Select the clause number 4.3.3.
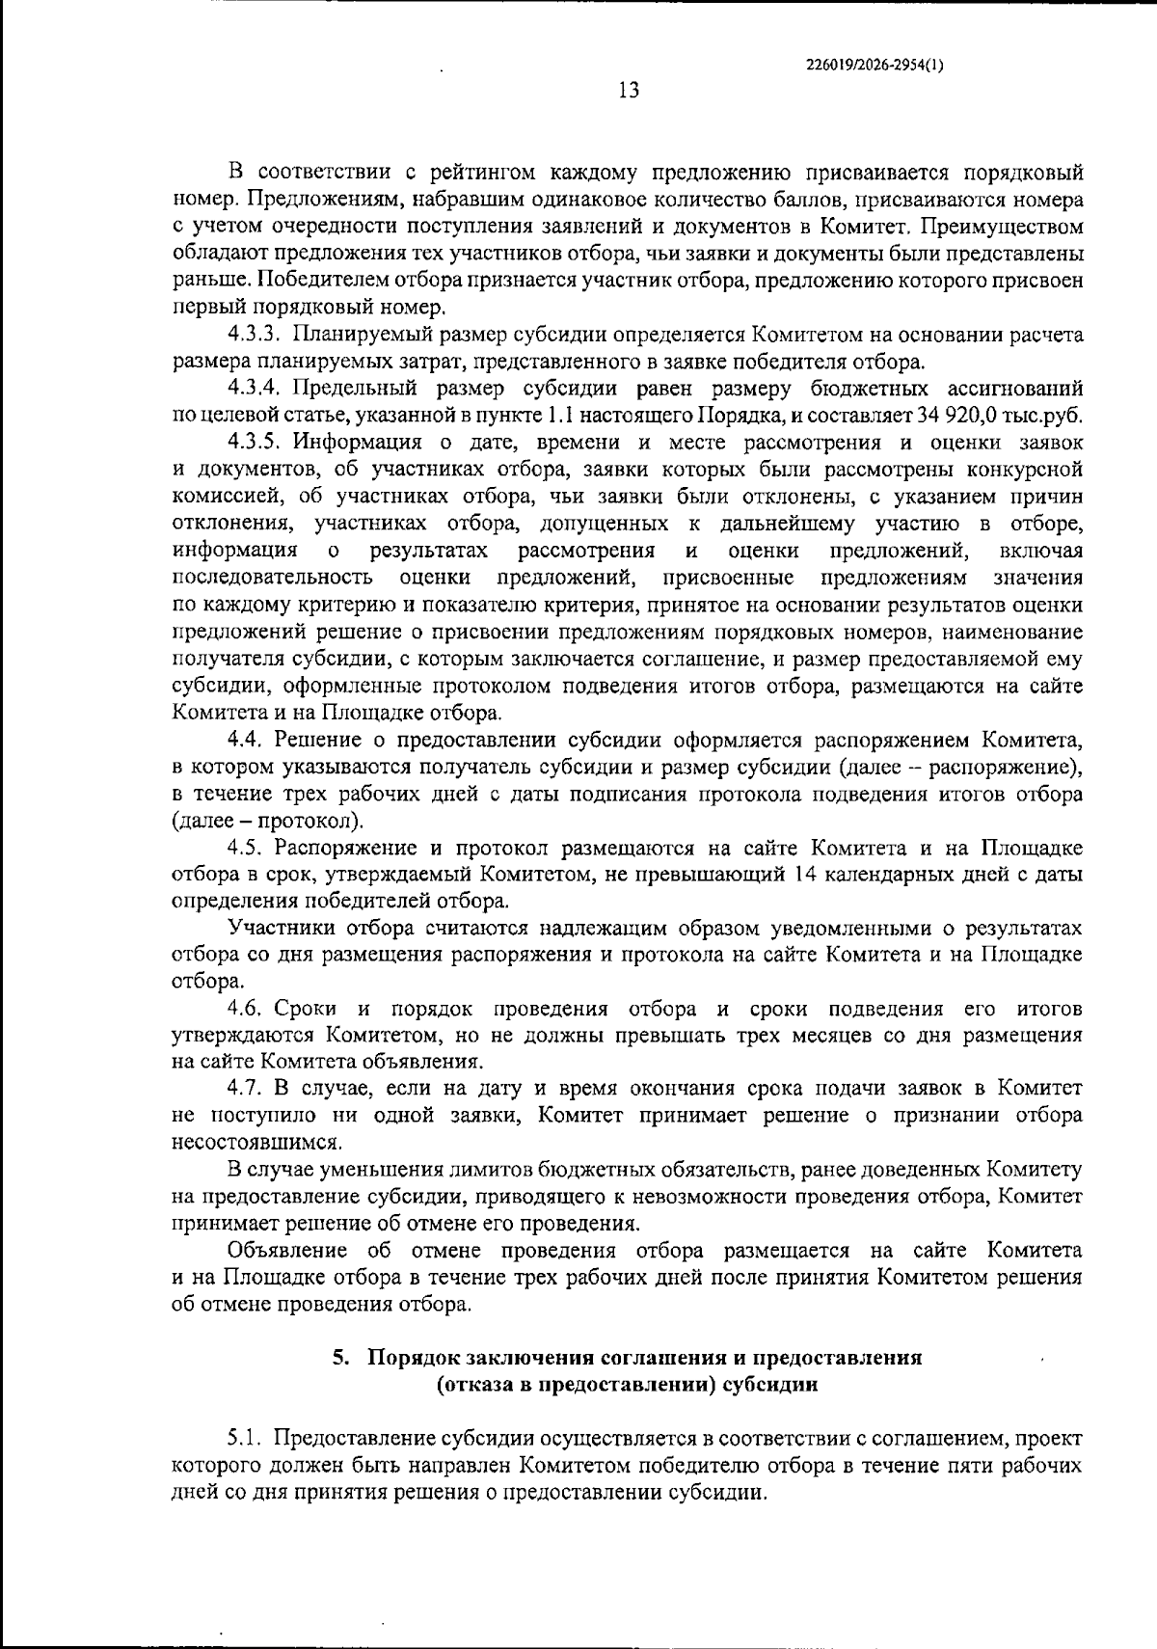[x=254, y=336]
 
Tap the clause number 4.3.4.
[x=254, y=389]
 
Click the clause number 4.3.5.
[x=254, y=443]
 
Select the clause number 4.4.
[x=247, y=741]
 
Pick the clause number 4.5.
[x=247, y=849]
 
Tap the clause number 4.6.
[x=247, y=1009]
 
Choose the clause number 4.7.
[x=247, y=1089]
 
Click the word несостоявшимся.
[x=256, y=1143]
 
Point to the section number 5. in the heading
[x=340, y=1358]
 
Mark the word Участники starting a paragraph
[x=276, y=929]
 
